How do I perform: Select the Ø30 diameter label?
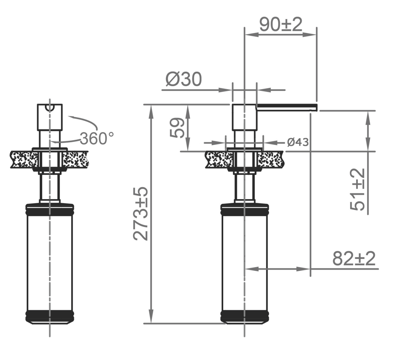click(x=183, y=80)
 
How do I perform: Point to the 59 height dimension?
click(x=178, y=127)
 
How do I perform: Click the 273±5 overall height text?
click(x=141, y=213)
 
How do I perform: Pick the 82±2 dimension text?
click(x=354, y=259)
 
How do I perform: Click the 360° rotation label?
click(x=97, y=138)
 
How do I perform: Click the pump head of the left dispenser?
click(x=50, y=118)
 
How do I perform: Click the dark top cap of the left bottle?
click(x=49, y=208)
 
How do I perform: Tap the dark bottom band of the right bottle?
click(x=244, y=316)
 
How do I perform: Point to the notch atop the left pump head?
click(x=50, y=107)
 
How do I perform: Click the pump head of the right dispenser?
click(x=244, y=117)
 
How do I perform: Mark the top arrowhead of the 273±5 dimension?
click(x=151, y=110)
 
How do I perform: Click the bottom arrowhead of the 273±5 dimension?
click(x=151, y=318)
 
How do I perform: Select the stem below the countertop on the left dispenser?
click(x=49, y=187)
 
